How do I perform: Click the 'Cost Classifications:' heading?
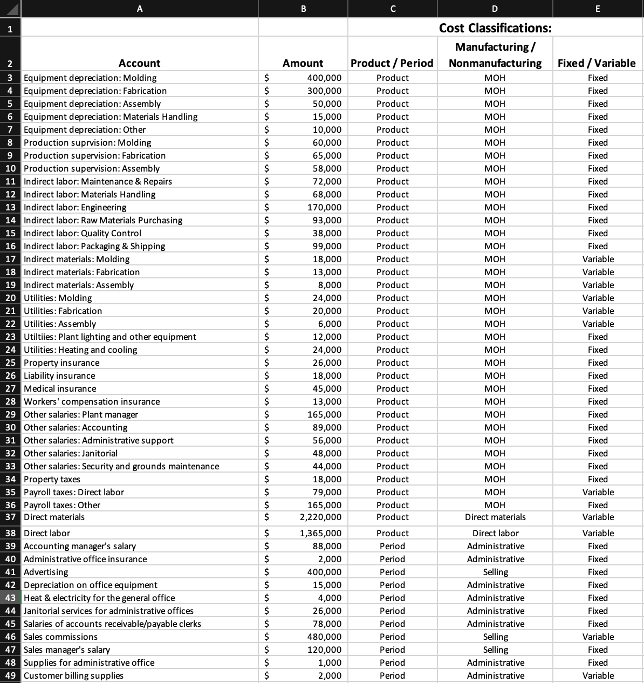pyautogui.click(x=495, y=28)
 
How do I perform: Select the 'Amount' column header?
pyautogui.click(x=303, y=63)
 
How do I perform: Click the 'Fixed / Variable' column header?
pyautogui.click(x=597, y=63)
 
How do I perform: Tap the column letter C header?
pyautogui.click(x=393, y=8)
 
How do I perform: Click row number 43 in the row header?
pyautogui.click(x=10, y=598)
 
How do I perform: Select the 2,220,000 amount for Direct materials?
pyautogui.click(x=320, y=517)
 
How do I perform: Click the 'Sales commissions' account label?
pyautogui.click(x=60, y=637)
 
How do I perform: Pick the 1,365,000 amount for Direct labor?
pyautogui.click(x=320, y=533)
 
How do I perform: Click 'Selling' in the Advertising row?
pyautogui.click(x=495, y=572)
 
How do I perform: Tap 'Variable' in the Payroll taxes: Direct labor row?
pyautogui.click(x=598, y=492)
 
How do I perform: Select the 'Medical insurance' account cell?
pyautogui.click(x=60, y=388)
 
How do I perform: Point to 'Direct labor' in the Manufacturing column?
pyautogui.click(x=495, y=533)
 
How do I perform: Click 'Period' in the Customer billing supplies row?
pyautogui.click(x=392, y=675)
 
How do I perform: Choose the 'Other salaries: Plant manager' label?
pyautogui.click(x=81, y=414)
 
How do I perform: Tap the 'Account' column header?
pyautogui.click(x=139, y=63)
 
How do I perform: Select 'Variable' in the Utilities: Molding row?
pyautogui.click(x=598, y=298)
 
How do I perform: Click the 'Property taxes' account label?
pyautogui.click(x=52, y=479)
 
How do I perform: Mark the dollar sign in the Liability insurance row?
pyautogui.click(x=266, y=375)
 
